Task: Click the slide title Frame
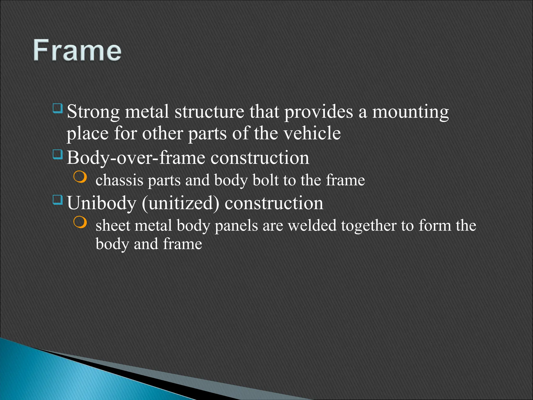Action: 77,50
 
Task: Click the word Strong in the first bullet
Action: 93,112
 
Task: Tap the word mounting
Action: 410,112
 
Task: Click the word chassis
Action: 119,180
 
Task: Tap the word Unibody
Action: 101,203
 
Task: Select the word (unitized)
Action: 181,203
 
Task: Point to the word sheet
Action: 113,226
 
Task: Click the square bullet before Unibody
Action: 58,200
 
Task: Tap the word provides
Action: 318,112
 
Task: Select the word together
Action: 369,226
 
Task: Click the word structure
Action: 209,112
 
